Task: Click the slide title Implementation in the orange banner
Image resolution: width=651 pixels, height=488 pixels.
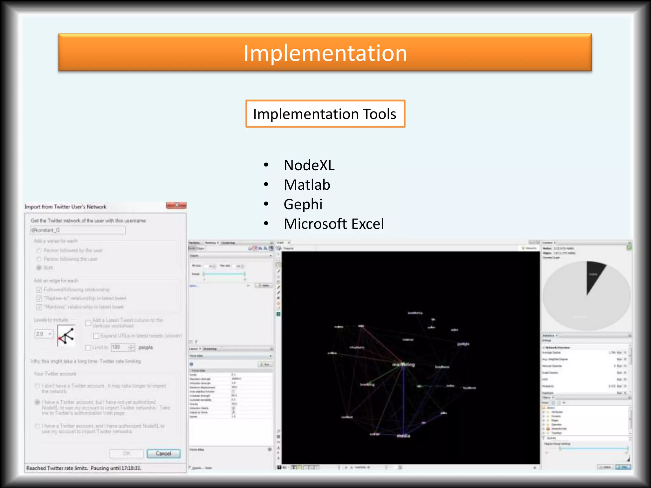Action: [x=325, y=53]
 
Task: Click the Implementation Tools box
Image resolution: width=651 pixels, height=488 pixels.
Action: [x=325, y=114]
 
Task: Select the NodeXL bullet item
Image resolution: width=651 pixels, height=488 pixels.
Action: [x=309, y=165]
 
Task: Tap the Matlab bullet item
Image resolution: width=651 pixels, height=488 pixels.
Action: [x=307, y=185]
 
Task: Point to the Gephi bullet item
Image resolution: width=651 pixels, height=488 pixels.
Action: [x=303, y=204]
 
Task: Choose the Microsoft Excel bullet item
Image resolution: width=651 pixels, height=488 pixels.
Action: [x=334, y=224]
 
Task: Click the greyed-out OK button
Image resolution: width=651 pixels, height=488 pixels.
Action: [x=126, y=453]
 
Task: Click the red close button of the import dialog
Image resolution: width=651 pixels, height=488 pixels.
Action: [x=176, y=205]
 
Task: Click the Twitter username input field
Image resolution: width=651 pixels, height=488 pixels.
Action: [x=78, y=230]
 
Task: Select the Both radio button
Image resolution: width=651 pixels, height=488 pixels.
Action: [x=39, y=268]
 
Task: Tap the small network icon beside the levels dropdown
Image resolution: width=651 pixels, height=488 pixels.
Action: [x=66, y=335]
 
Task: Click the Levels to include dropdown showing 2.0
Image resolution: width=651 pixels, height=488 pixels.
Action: [x=44, y=334]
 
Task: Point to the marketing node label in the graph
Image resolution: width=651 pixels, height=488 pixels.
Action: [x=403, y=364]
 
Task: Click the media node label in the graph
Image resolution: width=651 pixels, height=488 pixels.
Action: [x=403, y=436]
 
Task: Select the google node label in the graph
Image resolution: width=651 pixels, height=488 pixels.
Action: [x=463, y=344]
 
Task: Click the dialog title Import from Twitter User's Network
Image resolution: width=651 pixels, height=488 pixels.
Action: [x=65, y=207]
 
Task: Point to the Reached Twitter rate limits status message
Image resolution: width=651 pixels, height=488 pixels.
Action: [x=84, y=468]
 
